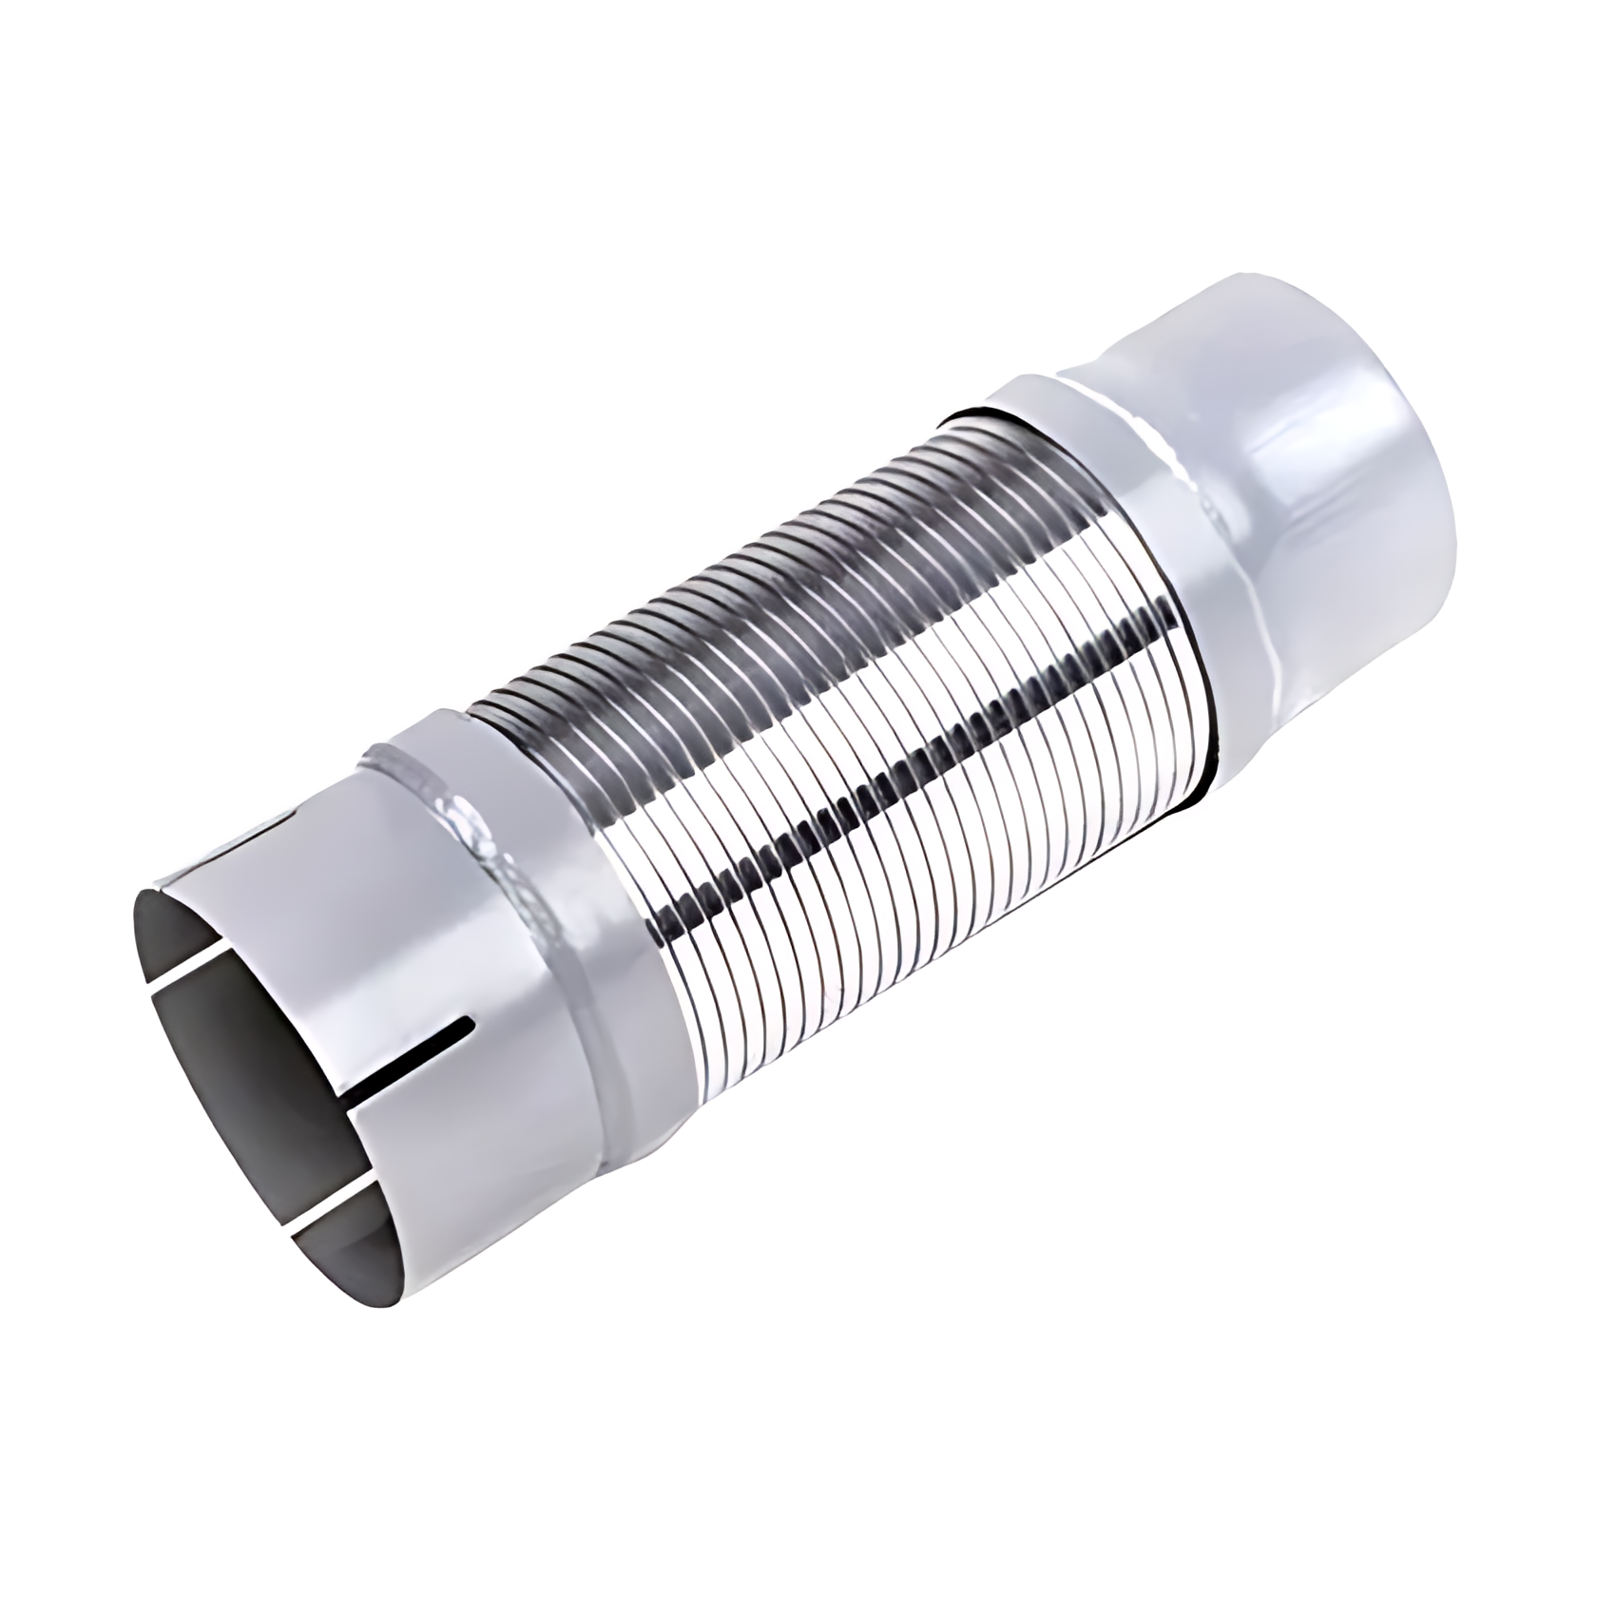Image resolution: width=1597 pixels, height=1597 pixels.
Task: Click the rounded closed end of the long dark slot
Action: point(469,1024)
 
